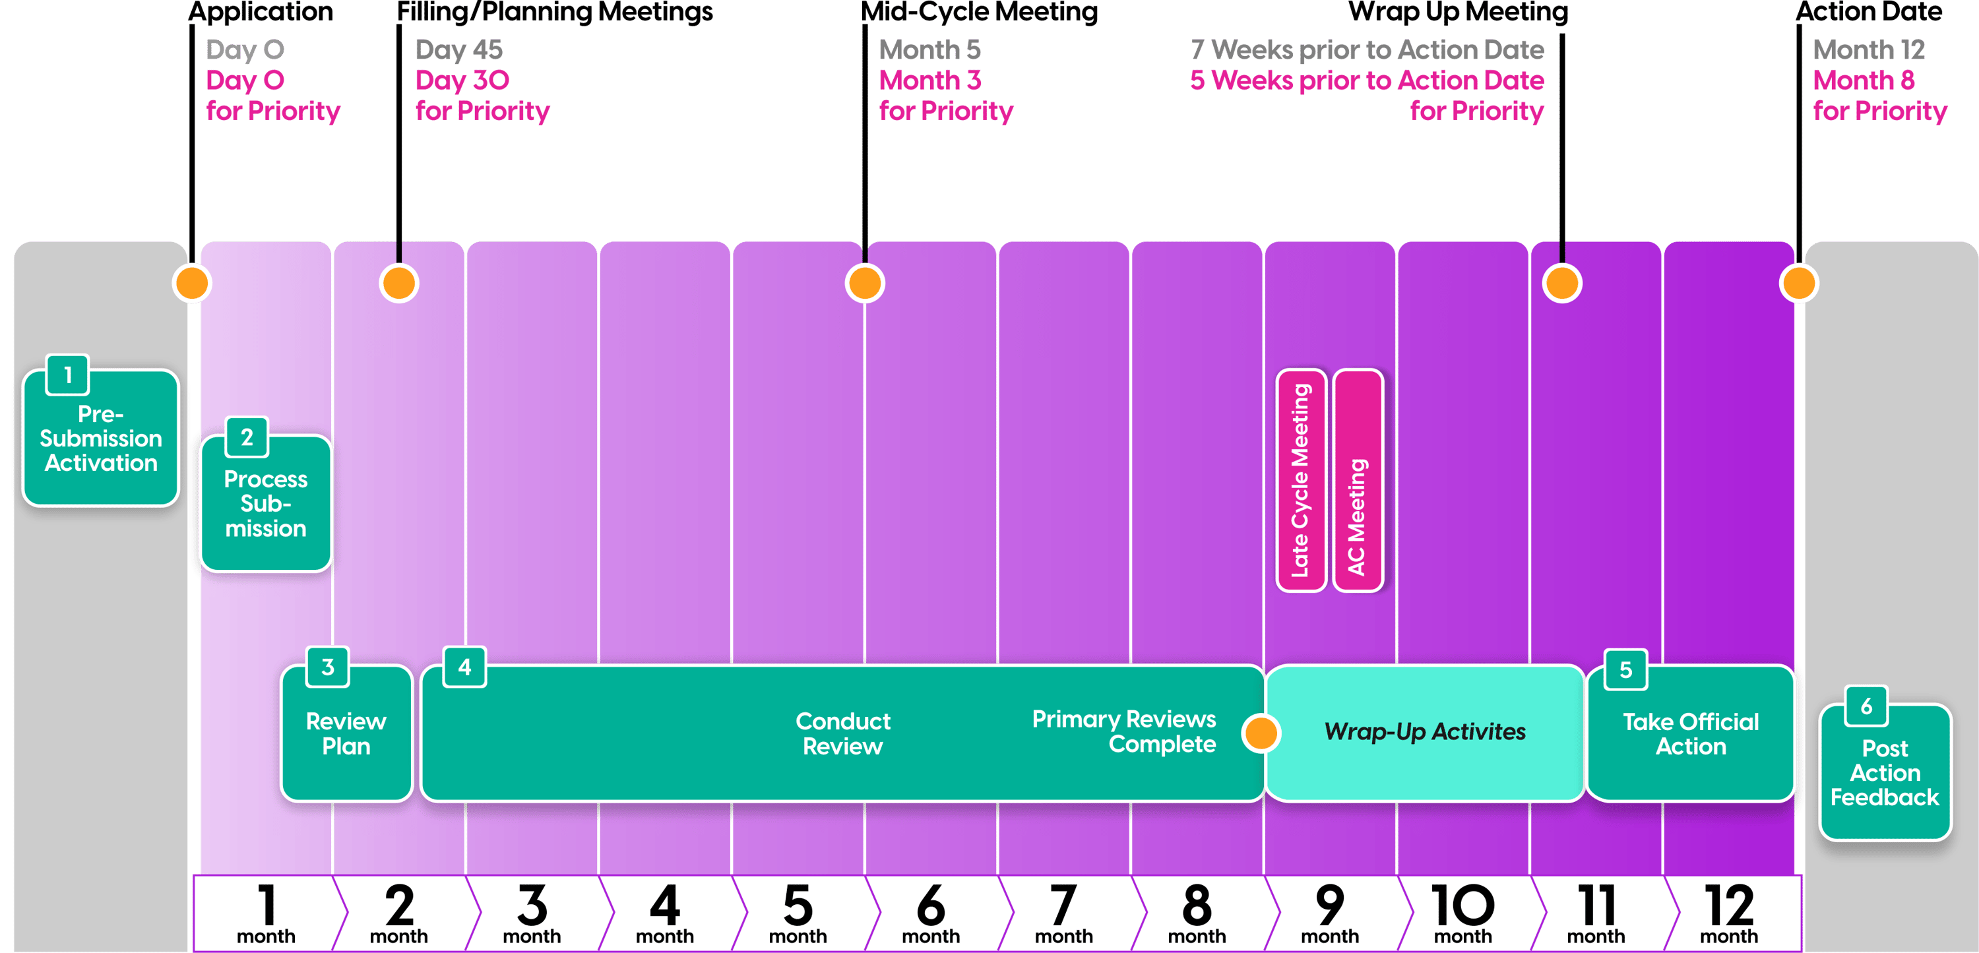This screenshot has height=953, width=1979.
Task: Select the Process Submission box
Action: pos(265,505)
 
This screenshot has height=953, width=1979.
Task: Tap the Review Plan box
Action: pos(346,734)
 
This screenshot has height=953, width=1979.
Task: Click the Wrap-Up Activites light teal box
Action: pos(1424,733)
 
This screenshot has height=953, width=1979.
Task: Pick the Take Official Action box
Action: pos(1690,734)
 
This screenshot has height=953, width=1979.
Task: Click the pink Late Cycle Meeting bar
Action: pos(1301,481)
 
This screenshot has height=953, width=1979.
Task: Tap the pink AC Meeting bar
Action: pos(1358,481)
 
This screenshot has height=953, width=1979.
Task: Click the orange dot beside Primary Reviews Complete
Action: pos(1261,733)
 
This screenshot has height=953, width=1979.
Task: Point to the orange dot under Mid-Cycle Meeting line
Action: pos(864,284)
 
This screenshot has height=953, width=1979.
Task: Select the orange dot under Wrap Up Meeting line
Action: pos(1562,284)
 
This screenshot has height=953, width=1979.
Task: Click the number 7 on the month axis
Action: pos(1063,906)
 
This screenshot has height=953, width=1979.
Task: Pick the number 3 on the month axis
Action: pos(532,906)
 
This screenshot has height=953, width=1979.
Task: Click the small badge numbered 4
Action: pos(465,667)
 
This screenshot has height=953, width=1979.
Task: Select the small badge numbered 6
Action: pos(1866,706)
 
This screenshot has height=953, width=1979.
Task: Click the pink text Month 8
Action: pos(1863,80)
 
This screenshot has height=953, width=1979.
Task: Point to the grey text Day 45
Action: pos(458,50)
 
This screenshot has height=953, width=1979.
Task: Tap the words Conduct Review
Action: pos(843,734)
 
